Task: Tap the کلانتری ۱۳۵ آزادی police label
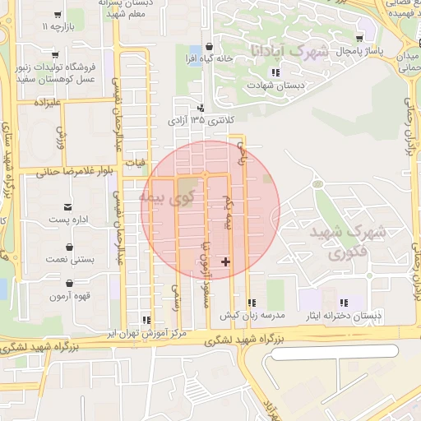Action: click(x=194, y=121)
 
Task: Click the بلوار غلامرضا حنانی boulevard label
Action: click(x=70, y=172)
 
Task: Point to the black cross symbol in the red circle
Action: click(x=226, y=262)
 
